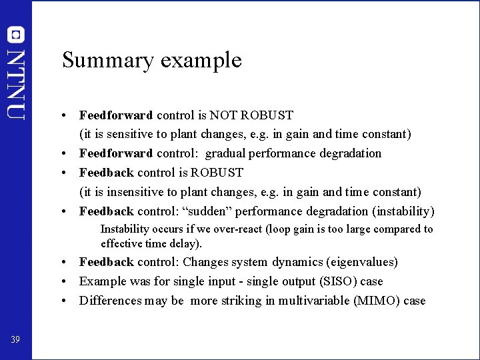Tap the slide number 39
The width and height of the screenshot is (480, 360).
click(x=15, y=340)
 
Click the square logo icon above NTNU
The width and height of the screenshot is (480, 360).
click(x=16, y=35)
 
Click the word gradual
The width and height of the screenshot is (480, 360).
click(x=226, y=153)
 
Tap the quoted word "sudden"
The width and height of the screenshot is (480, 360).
click(x=207, y=211)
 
